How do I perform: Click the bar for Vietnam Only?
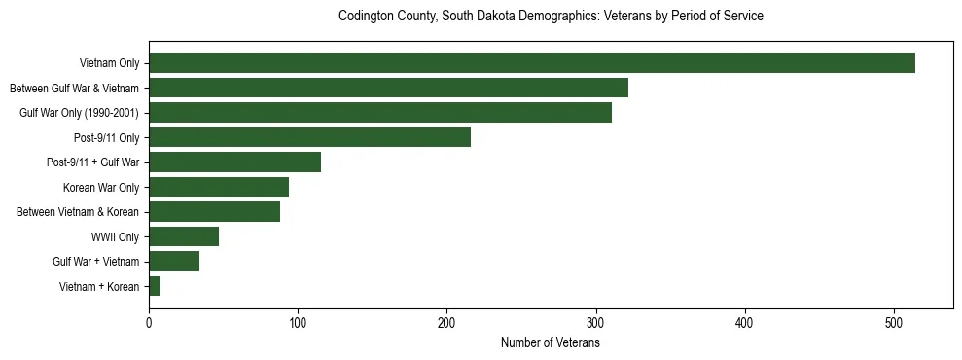(532, 63)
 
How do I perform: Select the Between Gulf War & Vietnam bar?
(388, 89)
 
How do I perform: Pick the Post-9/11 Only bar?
(309, 137)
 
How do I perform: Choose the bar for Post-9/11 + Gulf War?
(234, 162)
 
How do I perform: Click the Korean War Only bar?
(219, 187)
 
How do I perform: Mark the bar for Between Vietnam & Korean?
(214, 212)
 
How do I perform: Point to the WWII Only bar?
(184, 236)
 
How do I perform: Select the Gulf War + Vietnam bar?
(174, 262)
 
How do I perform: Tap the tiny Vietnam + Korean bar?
(155, 286)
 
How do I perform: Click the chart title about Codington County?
(551, 17)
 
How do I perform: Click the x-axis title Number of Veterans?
(551, 343)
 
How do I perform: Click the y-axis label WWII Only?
(115, 237)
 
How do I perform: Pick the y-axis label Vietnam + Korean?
(99, 287)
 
